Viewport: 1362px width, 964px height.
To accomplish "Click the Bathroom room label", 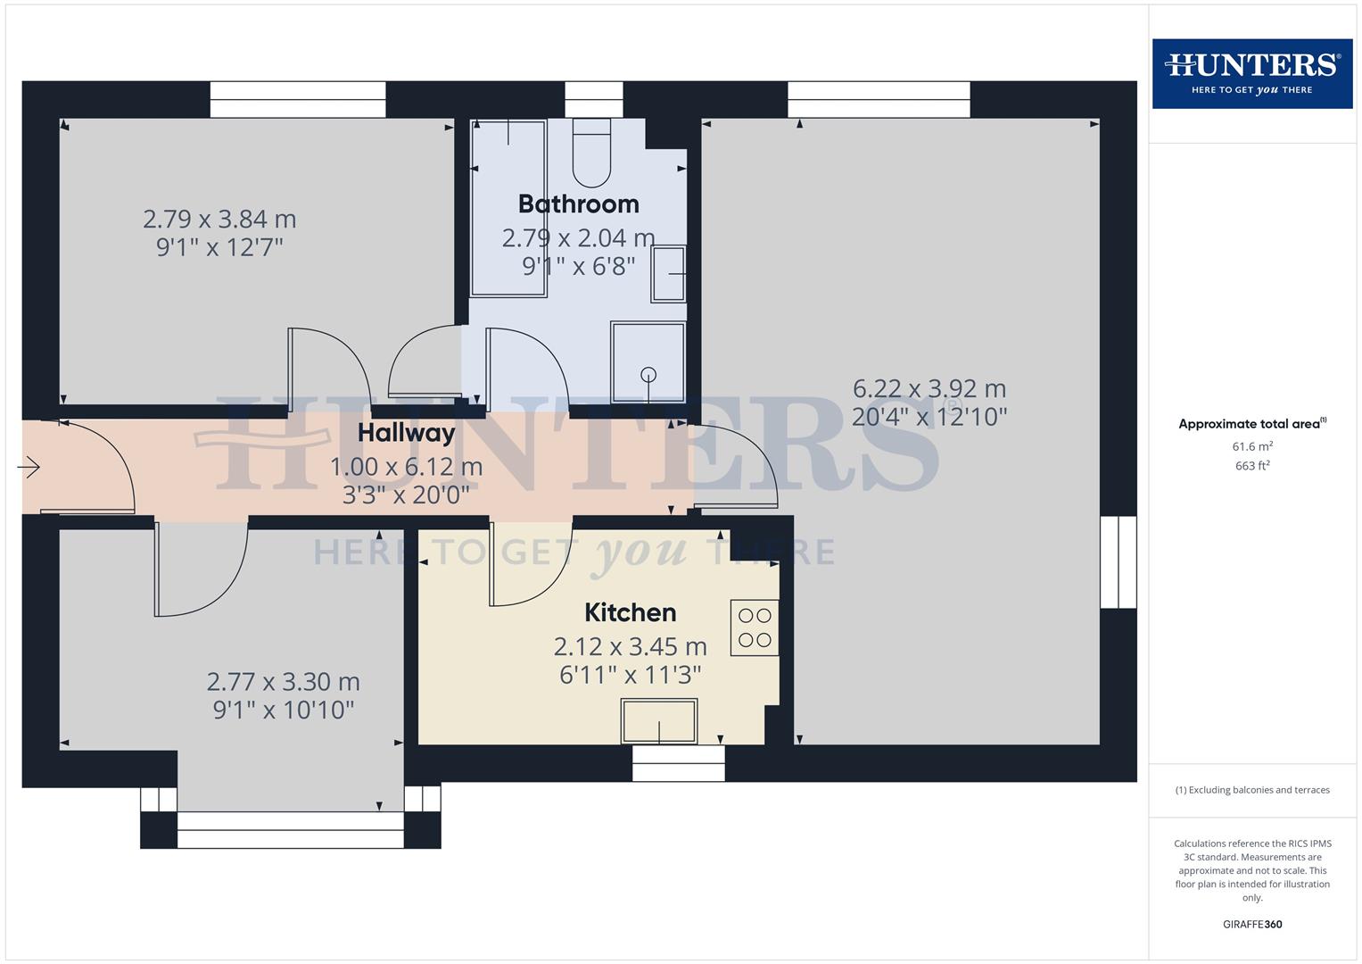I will click(578, 204).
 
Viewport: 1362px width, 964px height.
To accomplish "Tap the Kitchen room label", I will click(630, 613).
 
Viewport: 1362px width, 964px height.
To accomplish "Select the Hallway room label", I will click(406, 434).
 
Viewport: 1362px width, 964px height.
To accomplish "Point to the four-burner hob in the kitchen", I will click(755, 627).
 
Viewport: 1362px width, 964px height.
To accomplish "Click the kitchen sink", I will click(659, 721).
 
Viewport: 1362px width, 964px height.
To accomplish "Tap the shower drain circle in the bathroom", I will click(648, 375).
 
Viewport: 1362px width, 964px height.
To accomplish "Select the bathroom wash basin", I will click(668, 274).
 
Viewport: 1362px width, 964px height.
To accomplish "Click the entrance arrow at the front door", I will click(29, 467).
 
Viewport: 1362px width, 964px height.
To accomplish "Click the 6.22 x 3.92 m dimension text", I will click(929, 389).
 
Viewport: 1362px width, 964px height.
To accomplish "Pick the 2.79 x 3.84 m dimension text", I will click(219, 220).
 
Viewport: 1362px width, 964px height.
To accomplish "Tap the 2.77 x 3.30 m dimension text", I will click(283, 682).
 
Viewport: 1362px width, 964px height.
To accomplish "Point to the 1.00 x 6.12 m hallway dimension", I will click(406, 467).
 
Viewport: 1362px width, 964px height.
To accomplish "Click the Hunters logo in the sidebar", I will click(1252, 73).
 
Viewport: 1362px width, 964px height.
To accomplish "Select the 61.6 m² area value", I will click(1252, 446).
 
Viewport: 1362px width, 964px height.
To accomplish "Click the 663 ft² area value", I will click(1252, 466).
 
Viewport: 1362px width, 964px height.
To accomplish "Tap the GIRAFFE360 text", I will click(1252, 925).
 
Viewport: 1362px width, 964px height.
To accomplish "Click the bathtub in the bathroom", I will click(508, 207).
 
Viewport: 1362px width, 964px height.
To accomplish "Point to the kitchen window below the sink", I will click(678, 764).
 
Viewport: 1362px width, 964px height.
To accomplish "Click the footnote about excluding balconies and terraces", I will click(1252, 790).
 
